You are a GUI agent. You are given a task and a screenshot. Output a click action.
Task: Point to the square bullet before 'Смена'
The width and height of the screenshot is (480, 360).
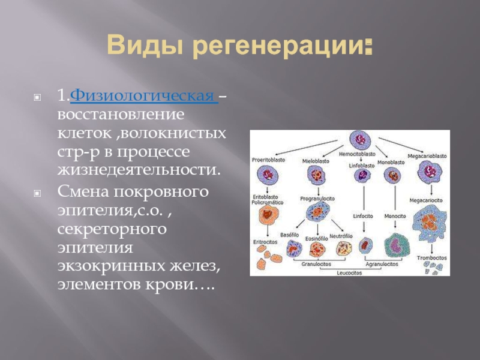coord(37,194)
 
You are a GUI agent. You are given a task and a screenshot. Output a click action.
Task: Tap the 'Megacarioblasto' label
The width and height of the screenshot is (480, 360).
coord(428,156)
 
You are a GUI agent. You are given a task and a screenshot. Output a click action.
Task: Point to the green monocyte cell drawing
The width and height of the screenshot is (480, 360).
coord(397,245)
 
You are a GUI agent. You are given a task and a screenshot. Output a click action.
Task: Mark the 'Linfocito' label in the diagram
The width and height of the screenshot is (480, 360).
coord(363,215)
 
